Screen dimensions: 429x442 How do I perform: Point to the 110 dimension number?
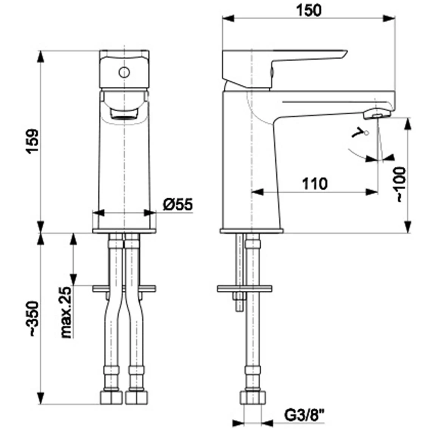coord(314,184)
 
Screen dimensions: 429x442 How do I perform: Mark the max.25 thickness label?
coord(66,312)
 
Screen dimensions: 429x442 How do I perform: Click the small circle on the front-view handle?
coord(124,72)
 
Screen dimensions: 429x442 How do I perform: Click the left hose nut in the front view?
coord(111,397)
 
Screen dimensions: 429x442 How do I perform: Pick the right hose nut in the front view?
coord(136,397)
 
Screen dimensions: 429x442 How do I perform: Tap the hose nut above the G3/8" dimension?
coord(253,397)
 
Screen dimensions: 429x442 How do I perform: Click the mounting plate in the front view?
coord(124,288)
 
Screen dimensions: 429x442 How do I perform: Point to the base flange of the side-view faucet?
coord(252,230)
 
